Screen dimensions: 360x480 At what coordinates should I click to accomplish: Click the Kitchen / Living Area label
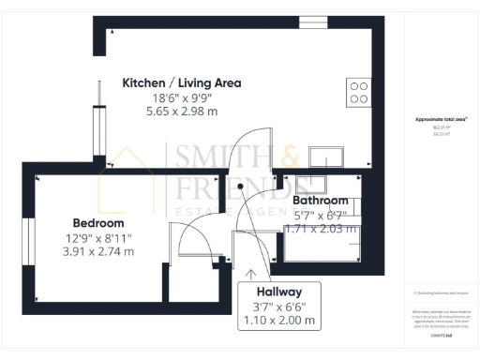point(182,82)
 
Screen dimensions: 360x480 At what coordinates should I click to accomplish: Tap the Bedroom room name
point(98,223)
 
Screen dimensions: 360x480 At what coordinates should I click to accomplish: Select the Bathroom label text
point(321,201)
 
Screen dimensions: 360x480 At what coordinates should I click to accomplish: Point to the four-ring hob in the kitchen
point(358,91)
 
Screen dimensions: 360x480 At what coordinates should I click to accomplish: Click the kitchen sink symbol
point(306,154)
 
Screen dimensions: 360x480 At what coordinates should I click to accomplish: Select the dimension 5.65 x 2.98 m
point(182,112)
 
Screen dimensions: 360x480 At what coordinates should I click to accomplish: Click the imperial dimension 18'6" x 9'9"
point(182,97)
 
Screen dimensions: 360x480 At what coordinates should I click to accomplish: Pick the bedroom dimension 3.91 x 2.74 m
point(98,251)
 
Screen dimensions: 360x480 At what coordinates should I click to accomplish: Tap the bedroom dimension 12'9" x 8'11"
point(98,237)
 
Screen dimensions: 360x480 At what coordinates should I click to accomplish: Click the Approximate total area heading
point(441,120)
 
